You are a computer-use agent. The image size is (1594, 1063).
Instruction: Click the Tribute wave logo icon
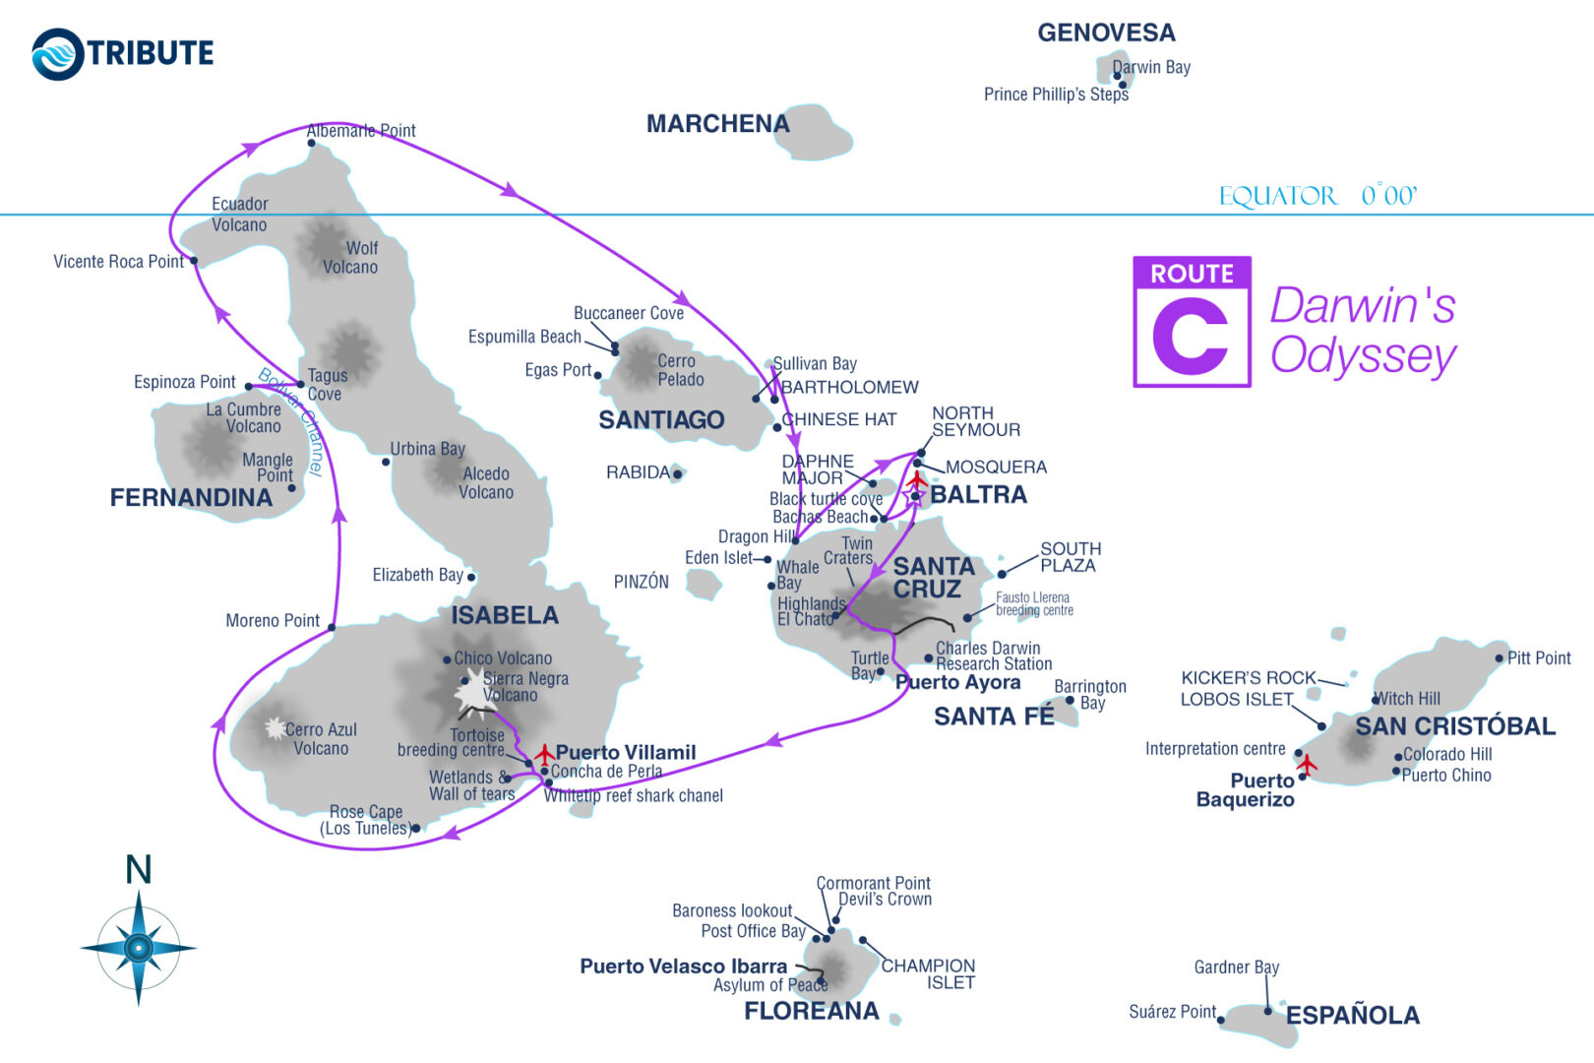point(58,54)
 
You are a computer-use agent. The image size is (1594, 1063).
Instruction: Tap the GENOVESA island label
point(1106,33)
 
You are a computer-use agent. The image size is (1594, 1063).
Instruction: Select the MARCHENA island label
point(717,124)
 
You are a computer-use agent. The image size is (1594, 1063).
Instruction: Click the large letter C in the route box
point(1191,337)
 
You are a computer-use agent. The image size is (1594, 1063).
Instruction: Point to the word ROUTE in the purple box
point(1192,274)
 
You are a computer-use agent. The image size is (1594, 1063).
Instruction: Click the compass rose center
point(139,948)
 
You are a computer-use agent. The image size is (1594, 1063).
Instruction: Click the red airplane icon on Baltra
point(917,480)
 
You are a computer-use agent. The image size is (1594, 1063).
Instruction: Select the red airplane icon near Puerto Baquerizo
point(1307,764)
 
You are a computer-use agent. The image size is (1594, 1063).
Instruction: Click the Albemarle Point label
point(361,131)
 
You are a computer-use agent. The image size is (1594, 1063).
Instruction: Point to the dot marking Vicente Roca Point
point(194,261)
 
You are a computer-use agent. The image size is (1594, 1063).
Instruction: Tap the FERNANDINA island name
point(191,498)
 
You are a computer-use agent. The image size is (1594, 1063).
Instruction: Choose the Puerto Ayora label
point(957,683)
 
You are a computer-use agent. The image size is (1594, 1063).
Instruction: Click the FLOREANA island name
point(811,1012)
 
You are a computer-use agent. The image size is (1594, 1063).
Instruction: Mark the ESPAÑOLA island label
point(1352,1016)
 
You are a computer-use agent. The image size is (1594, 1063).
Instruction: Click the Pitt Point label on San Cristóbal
point(1539,658)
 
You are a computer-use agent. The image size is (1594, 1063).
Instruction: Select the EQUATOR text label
point(1278,196)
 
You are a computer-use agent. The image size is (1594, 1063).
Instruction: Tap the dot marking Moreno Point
point(332,627)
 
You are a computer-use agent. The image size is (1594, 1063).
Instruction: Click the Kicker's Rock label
point(1248,678)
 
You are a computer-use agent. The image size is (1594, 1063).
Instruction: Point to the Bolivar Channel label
point(291,420)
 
